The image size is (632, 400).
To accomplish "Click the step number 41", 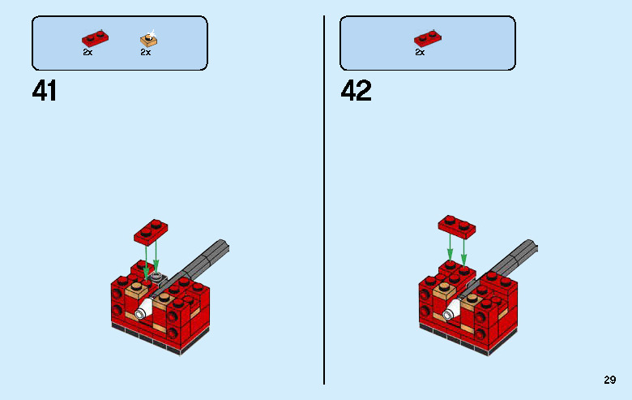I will click(45, 90).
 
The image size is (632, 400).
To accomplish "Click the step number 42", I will click(356, 90).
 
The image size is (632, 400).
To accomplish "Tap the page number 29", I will click(610, 379).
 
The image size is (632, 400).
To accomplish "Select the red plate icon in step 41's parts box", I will click(93, 38).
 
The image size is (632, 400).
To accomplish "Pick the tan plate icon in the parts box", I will click(148, 38).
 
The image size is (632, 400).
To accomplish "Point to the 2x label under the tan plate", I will click(145, 52).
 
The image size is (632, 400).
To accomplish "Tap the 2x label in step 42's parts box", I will click(420, 52).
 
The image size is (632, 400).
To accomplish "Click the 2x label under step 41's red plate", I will click(88, 52).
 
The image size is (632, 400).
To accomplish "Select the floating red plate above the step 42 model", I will click(457, 224).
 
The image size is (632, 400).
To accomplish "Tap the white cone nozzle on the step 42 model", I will click(449, 313).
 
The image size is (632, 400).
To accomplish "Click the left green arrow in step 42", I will click(450, 247).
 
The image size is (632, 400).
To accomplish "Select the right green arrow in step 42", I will click(464, 247).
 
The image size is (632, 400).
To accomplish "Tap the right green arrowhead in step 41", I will click(156, 263).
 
